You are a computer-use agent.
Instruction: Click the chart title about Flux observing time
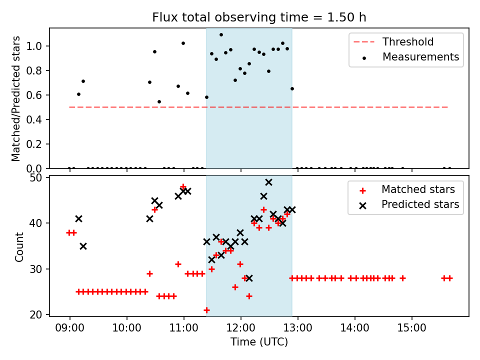[259, 17]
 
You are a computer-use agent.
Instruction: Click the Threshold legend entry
[408, 42]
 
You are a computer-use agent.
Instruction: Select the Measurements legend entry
[420, 57]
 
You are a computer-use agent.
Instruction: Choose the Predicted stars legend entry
[420, 204]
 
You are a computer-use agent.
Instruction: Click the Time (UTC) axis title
[259, 342]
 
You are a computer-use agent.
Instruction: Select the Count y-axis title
[19, 246]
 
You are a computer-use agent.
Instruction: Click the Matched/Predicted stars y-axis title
[16, 98]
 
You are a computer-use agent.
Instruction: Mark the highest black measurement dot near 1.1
[221, 35]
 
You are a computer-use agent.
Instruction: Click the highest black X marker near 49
[268, 182]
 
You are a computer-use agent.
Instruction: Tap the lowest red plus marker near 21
[206, 310]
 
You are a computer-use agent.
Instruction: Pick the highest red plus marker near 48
[183, 186]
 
